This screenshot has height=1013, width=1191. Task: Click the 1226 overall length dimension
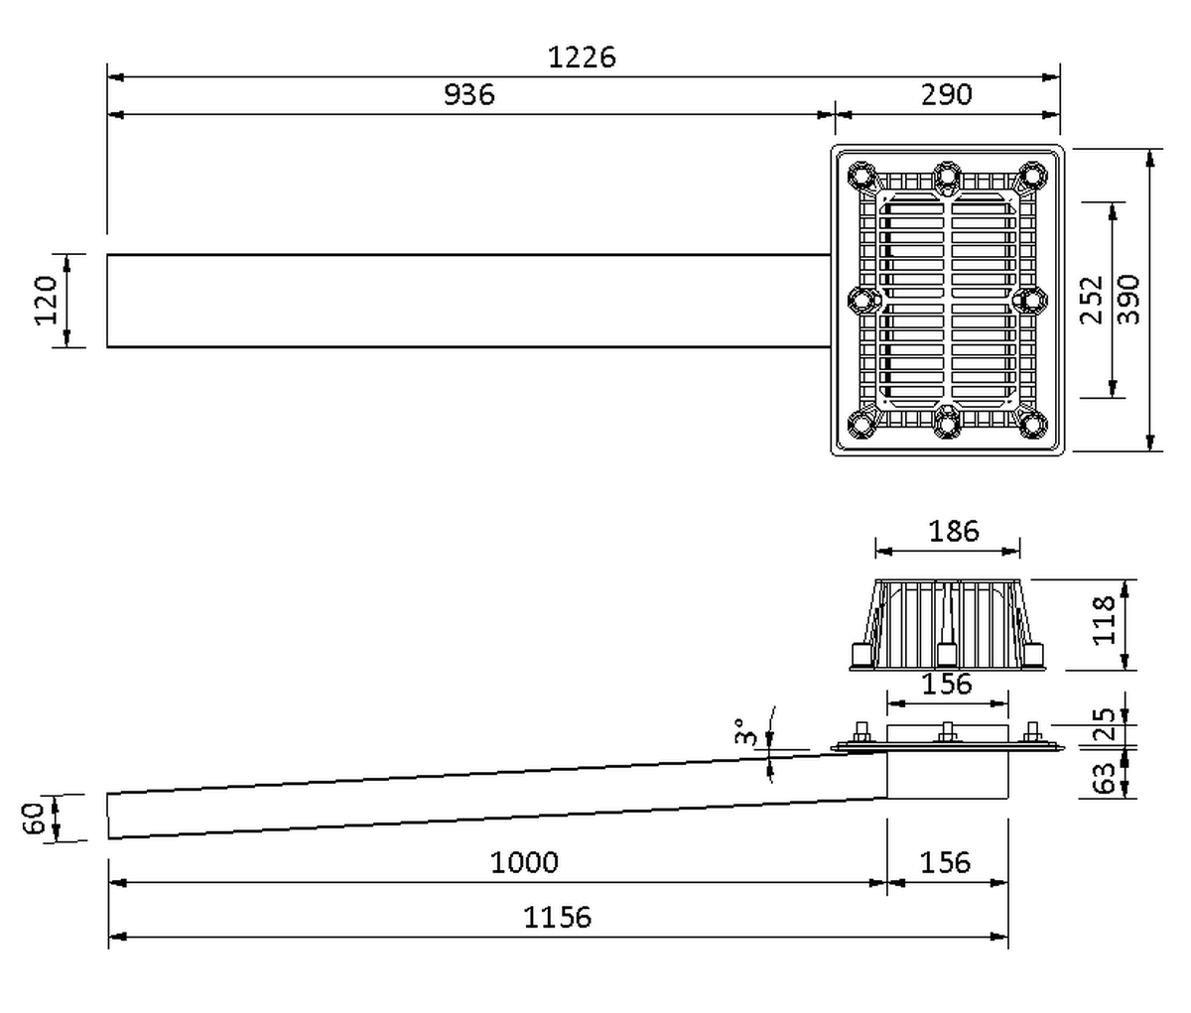[582, 58]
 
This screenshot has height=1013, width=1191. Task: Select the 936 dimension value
[469, 94]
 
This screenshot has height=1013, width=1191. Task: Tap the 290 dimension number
[946, 94]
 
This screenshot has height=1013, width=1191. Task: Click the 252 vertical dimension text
[1092, 300]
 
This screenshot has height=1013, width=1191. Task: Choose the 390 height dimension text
[1128, 300]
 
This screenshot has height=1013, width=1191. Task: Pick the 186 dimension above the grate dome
[954, 531]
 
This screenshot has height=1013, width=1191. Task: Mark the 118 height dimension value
[1104, 621]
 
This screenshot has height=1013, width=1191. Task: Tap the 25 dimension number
[1104, 724]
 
